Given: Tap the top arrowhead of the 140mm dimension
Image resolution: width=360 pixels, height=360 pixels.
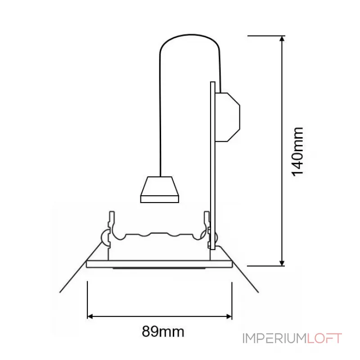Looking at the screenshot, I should coord(282,39).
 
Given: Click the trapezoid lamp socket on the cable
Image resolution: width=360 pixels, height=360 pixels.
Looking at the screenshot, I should coord(160,189).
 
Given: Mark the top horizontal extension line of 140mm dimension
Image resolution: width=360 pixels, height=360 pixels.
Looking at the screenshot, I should coord(265,35).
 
